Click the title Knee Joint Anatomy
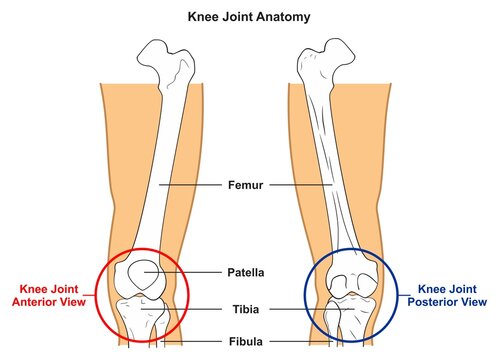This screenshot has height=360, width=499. [x=249, y=17]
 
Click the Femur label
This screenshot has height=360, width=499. [x=249, y=185]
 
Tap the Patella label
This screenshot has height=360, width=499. [x=249, y=271]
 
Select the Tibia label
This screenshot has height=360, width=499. [x=249, y=310]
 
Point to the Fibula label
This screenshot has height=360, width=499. [x=249, y=341]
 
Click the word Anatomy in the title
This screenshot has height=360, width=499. [x=283, y=17]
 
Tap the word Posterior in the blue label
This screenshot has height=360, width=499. [x=437, y=301]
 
